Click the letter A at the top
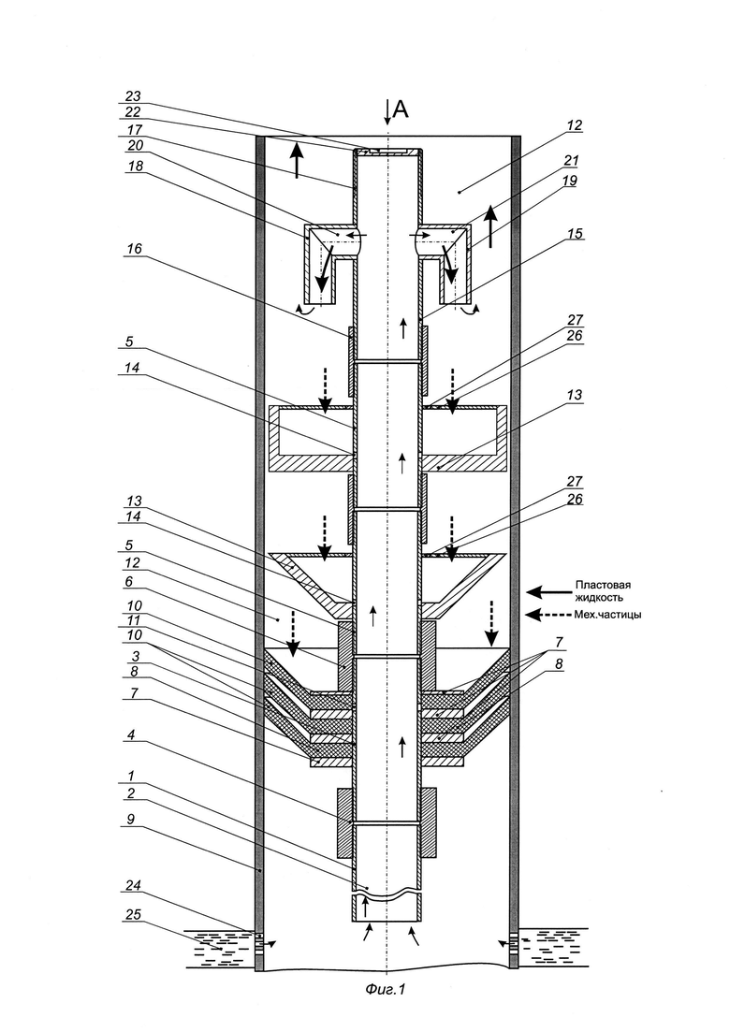tap(401, 109)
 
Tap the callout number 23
tap(134, 96)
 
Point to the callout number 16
tap(135, 249)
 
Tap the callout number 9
tap(131, 820)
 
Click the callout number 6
tap(130, 582)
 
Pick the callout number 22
tap(134, 112)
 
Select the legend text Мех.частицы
tap(609, 615)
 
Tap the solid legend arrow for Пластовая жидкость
tap(547, 591)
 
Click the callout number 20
tap(134, 145)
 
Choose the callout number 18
tap(135, 167)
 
